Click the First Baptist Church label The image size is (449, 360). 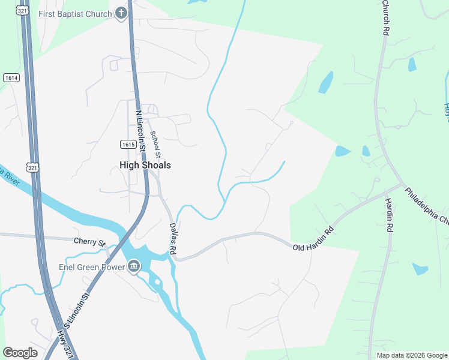click(x=75, y=14)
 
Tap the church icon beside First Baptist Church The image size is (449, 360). click(x=121, y=13)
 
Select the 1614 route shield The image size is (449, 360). click(x=11, y=78)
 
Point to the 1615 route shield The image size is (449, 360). click(x=127, y=144)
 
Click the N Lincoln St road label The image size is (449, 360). click(x=142, y=128)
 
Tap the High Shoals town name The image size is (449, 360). click(x=145, y=165)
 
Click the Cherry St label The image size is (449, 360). click(x=89, y=241)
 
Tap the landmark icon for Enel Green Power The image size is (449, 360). click(x=133, y=266)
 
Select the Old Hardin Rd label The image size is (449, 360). click(x=313, y=239)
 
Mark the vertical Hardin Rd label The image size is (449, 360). click(x=389, y=215)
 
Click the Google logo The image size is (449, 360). click(x=20, y=353)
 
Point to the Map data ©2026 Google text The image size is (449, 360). click(x=411, y=355)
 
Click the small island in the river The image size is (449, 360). click(x=157, y=282)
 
